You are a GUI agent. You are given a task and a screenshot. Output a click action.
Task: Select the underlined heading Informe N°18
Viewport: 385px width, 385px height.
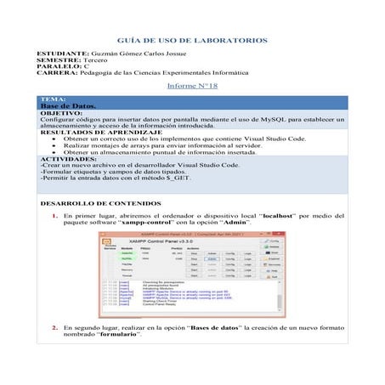(193, 88)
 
